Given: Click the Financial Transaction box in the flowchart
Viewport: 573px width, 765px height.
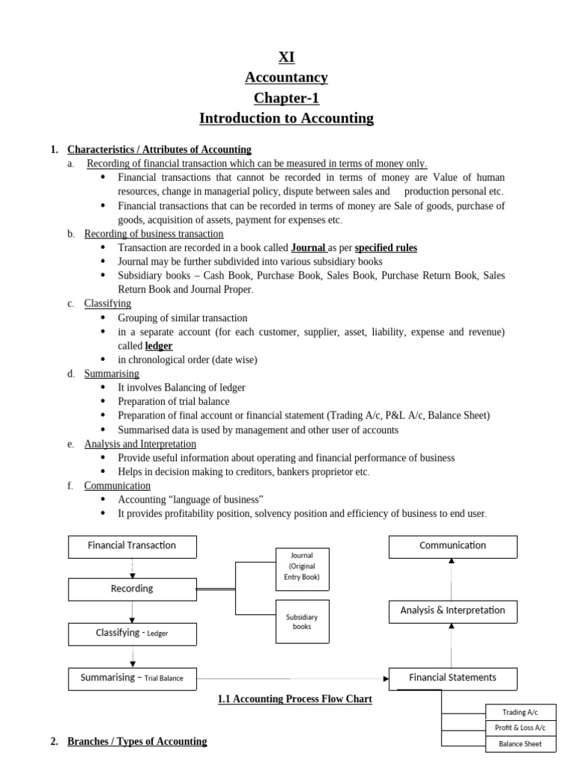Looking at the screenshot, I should [132, 546].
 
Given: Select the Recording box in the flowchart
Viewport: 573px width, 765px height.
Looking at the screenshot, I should [132, 589].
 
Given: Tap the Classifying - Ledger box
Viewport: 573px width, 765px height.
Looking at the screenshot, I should [132, 634].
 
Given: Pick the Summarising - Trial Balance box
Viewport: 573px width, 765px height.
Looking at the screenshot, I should [132, 678].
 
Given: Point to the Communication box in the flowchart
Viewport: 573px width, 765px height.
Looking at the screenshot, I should [453, 546].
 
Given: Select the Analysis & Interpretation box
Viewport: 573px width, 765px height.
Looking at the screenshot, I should [453, 611].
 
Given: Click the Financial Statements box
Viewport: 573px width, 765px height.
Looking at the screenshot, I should [453, 678].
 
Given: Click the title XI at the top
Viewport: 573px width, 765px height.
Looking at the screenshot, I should [286, 57].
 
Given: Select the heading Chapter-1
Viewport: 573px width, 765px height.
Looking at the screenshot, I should [286, 98].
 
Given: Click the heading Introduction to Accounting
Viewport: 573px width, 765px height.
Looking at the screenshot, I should [286, 118].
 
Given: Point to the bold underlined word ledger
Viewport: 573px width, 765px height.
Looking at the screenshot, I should [158, 346].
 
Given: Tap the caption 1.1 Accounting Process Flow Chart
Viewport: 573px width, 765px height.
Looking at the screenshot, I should [295, 699].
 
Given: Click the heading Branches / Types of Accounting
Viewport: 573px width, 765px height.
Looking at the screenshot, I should [137, 741].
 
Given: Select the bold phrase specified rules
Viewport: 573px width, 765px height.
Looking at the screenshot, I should [386, 247].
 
